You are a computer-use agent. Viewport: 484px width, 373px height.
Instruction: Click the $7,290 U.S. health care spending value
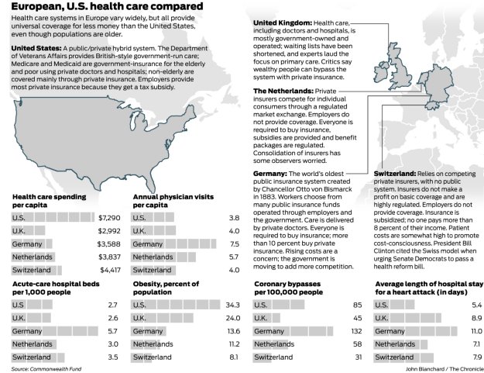click(108, 218)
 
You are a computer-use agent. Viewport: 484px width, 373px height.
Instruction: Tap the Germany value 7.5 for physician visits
click(234, 243)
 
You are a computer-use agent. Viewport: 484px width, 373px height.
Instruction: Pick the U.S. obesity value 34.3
click(232, 305)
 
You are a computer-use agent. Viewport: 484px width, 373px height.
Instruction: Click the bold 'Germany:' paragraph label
click(270, 173)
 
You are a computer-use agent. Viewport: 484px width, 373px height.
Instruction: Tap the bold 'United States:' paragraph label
click(35, 48)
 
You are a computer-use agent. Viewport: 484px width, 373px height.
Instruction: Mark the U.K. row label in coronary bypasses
click(261, 318)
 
